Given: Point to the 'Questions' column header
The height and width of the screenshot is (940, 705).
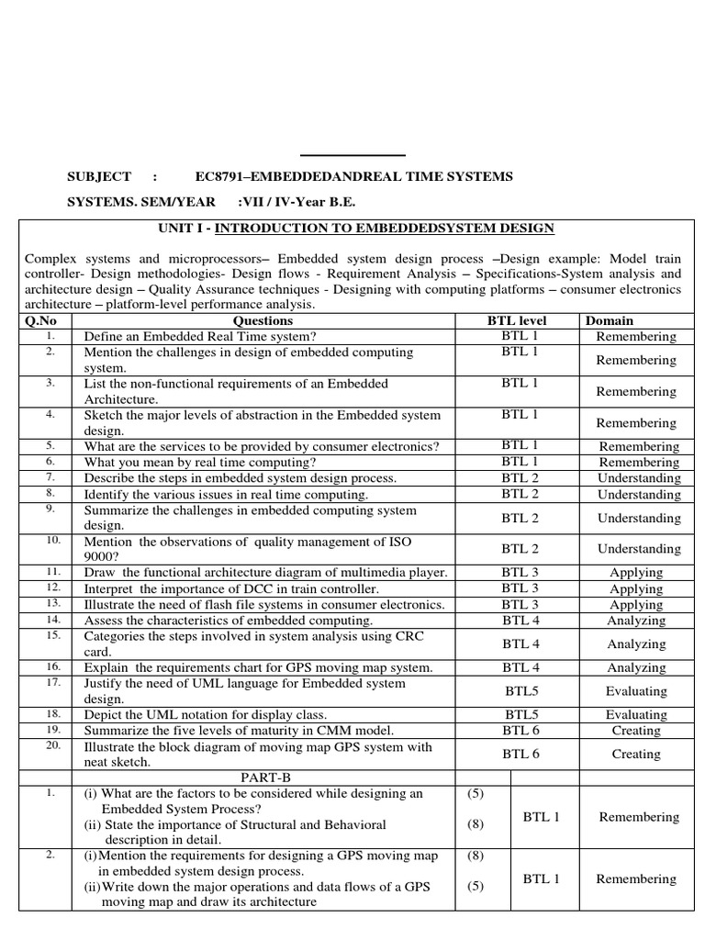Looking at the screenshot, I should pos(263,320).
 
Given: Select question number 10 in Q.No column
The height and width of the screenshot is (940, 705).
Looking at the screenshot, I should pos(52,541).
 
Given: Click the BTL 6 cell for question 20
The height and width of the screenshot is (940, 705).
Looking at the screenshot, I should pos(520,754).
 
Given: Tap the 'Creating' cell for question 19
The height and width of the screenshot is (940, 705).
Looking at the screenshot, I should pos(636,731).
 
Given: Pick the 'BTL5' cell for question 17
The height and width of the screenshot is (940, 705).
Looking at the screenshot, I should pos(521,691).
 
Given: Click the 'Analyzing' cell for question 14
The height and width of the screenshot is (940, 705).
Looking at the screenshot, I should pos(636,621).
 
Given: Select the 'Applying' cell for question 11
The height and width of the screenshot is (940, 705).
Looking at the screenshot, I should pos(636,572).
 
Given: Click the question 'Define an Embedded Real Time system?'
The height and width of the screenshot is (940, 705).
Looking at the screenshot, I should pos(199,337).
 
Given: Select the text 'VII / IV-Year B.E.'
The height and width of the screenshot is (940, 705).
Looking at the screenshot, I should pos(296,202).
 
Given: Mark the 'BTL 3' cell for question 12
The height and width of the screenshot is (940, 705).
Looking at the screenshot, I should pos(520,587).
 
